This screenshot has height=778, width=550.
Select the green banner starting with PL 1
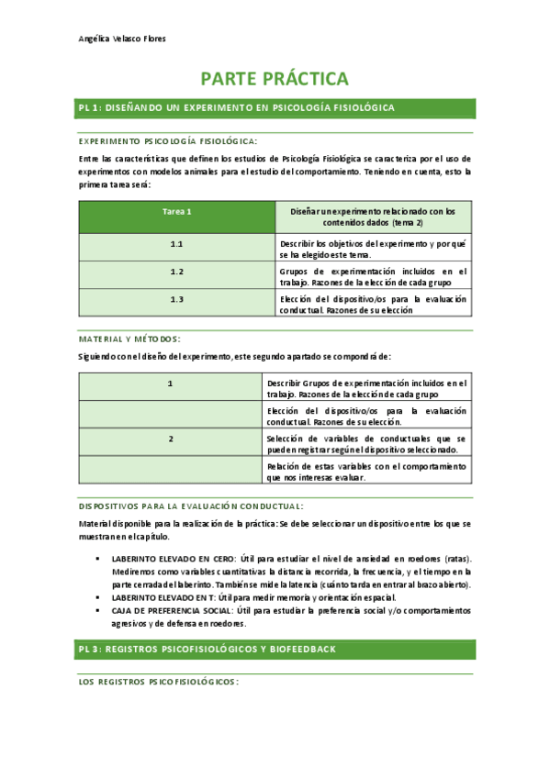coord(275,108)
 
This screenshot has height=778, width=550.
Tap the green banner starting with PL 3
coord(275,649)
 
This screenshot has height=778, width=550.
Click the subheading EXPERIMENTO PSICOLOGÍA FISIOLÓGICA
coord(168,141)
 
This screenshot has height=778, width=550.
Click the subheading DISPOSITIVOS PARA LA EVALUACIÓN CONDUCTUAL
coord(191,506)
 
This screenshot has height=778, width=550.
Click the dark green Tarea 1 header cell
coord(176,217)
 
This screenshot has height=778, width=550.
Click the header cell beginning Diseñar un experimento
coord(373,217)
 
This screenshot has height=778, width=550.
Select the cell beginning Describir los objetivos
coord(373,249)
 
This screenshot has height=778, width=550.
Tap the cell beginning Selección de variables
coord(366,444)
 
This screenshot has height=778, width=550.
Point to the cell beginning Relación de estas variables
coord(366,472)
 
